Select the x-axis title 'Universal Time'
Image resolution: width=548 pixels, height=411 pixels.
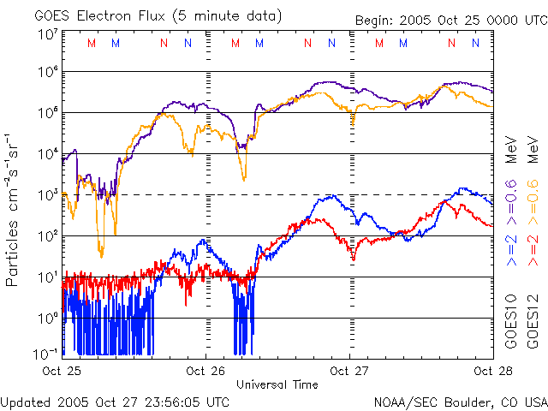[x=277, y=384]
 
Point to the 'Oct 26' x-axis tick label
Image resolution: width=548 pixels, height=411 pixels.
[x=205, y=371]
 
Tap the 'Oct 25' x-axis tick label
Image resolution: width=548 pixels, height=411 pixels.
[x=63, y=371]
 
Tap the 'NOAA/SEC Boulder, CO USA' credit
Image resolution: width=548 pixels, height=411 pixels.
[x=460, y=401]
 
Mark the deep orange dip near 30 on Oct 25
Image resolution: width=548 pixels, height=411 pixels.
[x=101, y=253]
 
